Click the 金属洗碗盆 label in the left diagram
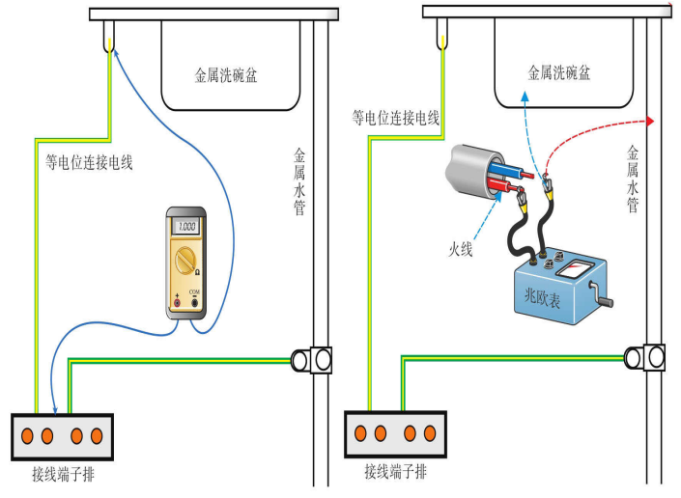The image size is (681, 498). (x=227, y=74)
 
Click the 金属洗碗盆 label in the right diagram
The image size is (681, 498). (x=559, y=71)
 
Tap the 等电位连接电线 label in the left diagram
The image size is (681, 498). (x=89, y=161)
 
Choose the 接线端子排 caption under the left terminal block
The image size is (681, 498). (x=63, y=475)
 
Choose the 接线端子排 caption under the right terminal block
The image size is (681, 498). (x=396, y=471)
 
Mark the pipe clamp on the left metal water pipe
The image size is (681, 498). (x=312, y=360)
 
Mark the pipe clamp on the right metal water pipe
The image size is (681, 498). (x=646, y=356)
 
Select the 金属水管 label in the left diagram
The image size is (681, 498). (x=299, y=180)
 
